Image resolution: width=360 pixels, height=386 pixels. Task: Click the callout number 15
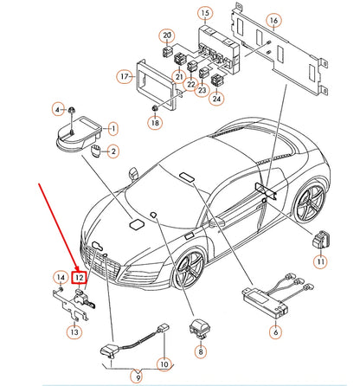(204, 15)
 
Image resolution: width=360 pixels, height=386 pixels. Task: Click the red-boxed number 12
(79, 278)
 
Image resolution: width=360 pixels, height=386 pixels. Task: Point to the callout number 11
(321, 261)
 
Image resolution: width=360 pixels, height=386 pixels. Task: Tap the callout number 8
(200, 351)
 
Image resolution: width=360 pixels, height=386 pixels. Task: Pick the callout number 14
(60, 277)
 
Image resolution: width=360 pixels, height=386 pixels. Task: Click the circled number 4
(59, 110)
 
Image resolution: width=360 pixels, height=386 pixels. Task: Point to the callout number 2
(112, 152)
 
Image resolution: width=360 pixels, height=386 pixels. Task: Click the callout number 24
(215, 99)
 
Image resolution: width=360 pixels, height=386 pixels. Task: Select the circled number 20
(167, 35)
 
